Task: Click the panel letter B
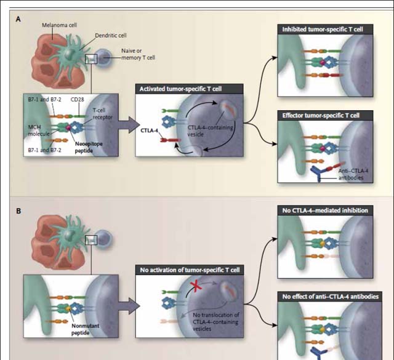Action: click(18, 210)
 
